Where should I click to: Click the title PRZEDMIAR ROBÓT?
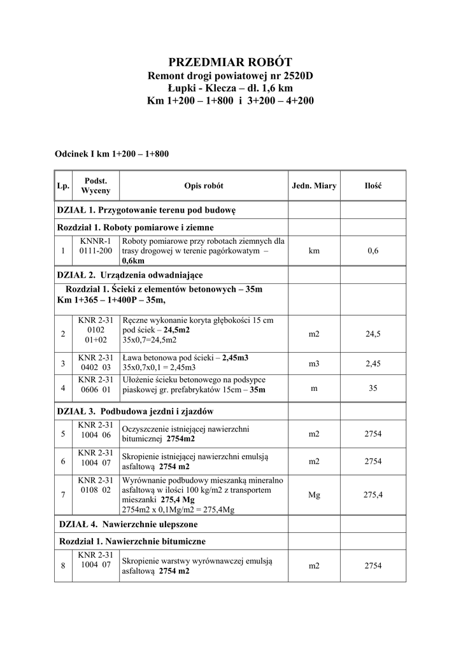pyautogui.click(x=230, y=62)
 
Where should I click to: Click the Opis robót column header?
pyautogui.click(x=204, y=186)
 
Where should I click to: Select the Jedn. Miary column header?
pyautogui.click(x=314, y=186)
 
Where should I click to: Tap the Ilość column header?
pyautogui.click(x=372, y=186)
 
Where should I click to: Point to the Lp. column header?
pyautogui.click(x=63, y=186)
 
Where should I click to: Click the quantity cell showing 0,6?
pyautogui.click(x=372, y=251)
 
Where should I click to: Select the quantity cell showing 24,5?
pyautogui.click(x=372, y=333)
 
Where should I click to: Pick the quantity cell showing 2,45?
pyautogui.click(x=372, y=364)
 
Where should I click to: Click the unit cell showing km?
pyautogui.click(x=314, y=251)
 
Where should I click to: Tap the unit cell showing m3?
pyautogui.click(x=314, y=364)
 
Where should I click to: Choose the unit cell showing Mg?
pyautogui.click(x=314, y=494)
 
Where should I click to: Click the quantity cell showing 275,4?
pyautogui.click(x=372, y=494)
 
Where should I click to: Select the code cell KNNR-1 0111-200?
pyautogui.click(x=96, y=246)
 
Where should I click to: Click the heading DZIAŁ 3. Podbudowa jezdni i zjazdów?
pyautogui.click(x=135, y=411)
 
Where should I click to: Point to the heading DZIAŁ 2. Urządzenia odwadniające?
pyautogui.click(x=130, y=274)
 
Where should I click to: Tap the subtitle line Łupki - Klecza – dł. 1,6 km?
pyautogui.click(x=230, y=89)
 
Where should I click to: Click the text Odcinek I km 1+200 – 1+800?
pyautogui.click(x=111, y=153)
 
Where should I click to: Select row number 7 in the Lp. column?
pyautogui.click(x=63, y=495)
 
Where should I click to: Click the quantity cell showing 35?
pyautogui.click(x=372, y=388)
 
